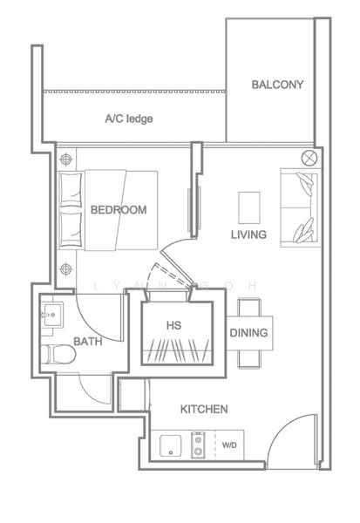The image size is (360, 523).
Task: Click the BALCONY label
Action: [x=277, y=85]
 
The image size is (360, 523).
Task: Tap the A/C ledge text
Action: [x=129, y=119]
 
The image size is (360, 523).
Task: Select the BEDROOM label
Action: [x=119, y=210]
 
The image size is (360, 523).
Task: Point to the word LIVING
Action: [x=249, y=234]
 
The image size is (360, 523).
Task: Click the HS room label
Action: [x=173, y=325]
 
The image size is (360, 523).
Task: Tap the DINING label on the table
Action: [x=249, y=333]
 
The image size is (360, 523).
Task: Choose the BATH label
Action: [x=88, y=341]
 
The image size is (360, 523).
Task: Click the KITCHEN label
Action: [x=204, y=410]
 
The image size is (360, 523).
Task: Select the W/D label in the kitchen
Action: [x=229, y=445]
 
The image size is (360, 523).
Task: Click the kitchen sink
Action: [x=171, y=445]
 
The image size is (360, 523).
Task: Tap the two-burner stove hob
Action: [x=198, y=445]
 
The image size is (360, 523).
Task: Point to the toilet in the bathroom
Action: [x=58, y=354]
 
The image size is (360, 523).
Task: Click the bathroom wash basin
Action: [x=51, y=315]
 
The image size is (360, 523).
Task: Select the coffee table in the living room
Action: [x=249, y=207]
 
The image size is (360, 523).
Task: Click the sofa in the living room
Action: [x=299, y=207]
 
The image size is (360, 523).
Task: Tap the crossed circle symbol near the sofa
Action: [x=309, y=158]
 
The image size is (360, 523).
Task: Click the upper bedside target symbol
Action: [x=66, y=160]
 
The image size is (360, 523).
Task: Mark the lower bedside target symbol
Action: [x=66, y=268]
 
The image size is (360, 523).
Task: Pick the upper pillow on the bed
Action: [x=71, y=188]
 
